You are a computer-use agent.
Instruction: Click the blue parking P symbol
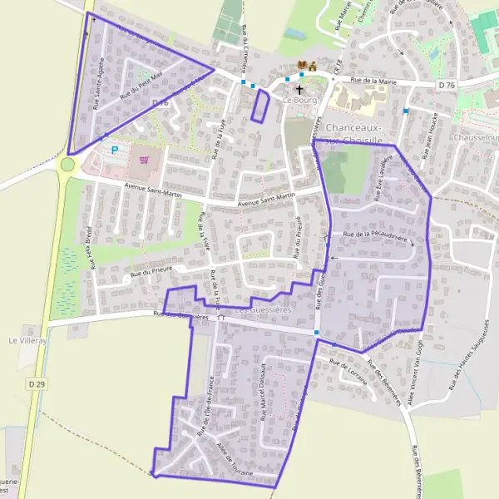click(115, 150)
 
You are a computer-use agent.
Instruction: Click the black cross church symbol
click(299, 88)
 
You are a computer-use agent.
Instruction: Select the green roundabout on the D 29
click(67, 165)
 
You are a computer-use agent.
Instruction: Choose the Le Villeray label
click(25, 340)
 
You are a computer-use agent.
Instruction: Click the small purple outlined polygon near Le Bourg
click(260, 106)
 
